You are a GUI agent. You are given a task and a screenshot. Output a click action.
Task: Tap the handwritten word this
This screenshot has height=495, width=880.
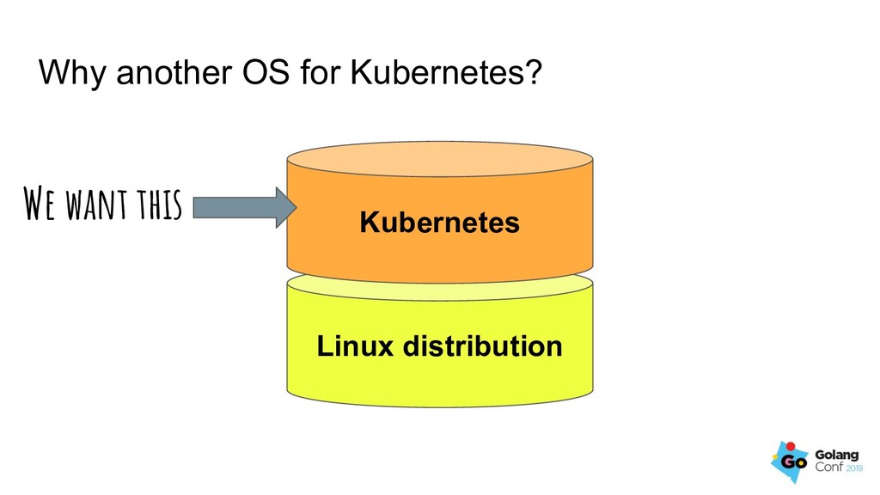coord(156,206)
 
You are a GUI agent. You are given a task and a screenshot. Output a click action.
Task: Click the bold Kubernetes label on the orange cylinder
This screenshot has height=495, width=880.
coord(439,223)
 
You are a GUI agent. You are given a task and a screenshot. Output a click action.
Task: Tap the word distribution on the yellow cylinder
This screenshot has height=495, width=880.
coord(482,346)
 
